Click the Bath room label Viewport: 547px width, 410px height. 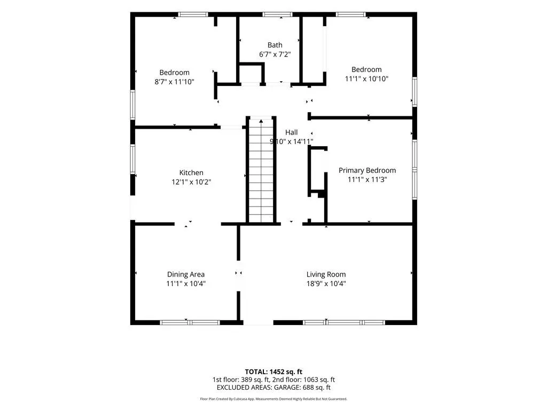275,45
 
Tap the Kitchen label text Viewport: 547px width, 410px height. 191,172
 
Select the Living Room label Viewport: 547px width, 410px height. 326,274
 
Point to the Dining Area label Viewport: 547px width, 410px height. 186,274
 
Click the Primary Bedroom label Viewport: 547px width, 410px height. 368,170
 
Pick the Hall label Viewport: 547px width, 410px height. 291,132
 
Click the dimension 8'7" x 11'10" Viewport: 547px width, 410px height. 175,82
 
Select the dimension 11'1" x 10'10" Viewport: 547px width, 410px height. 366,79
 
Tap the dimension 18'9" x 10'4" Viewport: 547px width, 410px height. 326,284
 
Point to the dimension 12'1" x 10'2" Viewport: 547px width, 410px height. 191,182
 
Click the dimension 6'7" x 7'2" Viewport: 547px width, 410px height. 275,54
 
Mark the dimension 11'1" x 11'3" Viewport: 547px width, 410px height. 368,179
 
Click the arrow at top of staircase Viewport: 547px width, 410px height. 261,121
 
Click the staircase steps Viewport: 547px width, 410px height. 261,171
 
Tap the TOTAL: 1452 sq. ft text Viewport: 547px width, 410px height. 273,372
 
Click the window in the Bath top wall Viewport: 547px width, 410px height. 278,14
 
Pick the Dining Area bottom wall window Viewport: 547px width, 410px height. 190,322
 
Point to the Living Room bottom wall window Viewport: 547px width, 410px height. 344,322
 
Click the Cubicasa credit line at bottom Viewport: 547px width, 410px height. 273,399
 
